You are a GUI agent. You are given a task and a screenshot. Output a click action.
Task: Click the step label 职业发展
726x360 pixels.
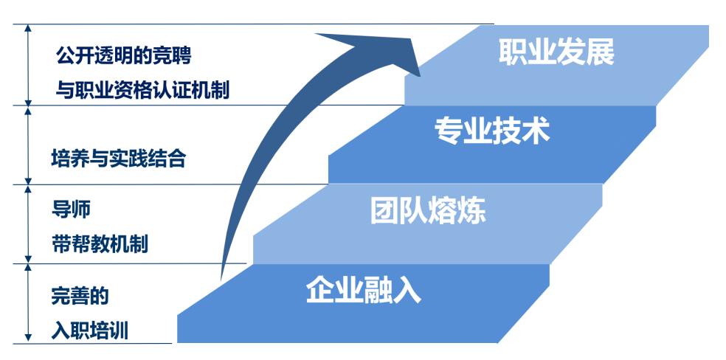[x=556, y=52]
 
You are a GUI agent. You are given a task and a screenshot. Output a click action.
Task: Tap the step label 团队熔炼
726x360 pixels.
[x=428, y=211]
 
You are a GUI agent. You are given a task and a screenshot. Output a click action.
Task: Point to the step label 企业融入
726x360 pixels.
[x=364, y=290]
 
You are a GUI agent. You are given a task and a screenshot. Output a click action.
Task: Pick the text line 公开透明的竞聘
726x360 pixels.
[x=124, y=58]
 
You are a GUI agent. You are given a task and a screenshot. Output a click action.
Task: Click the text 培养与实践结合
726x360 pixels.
[x=119, y=159]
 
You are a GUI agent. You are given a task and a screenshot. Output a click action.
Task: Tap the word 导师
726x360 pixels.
[x=70, y=210]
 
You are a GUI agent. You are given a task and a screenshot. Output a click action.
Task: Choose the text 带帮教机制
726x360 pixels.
[x=100, y=244]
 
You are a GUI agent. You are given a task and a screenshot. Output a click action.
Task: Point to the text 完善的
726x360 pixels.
[x=80, y=297]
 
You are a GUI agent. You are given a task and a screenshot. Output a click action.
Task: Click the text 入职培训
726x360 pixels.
[x=90, y=331]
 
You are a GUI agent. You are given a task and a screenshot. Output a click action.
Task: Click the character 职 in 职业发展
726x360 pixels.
[x=513, y=52]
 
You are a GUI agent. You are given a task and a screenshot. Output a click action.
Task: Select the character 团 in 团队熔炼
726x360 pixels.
[x=384, y=211]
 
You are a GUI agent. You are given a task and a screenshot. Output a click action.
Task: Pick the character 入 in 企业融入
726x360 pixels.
[x=407, y=290]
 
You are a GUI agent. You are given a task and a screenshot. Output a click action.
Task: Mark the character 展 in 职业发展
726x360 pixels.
[x=601, y=52]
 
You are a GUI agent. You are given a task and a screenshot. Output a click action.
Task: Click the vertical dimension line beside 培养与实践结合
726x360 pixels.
[x=29, y=145]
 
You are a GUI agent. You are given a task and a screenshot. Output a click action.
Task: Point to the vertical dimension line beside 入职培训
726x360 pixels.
[x=29, y=303]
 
